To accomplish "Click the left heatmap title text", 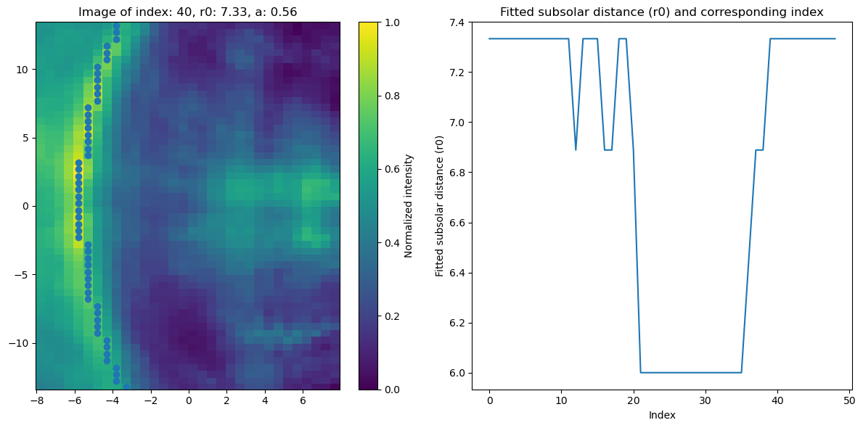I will point(187,12).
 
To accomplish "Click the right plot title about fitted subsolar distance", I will point(661,12).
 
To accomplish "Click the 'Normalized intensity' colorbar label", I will point(409,205).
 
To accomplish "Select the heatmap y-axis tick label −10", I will point(20,342).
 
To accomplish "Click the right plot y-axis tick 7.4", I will point(457,22).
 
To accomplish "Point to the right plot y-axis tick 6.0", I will point(457,373).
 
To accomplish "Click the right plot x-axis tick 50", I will point(848,400).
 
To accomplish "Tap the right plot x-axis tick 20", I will point(633,400).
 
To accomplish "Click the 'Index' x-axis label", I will point(661,415).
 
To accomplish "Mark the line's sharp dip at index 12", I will point(576,149).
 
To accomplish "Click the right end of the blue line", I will point(835,38).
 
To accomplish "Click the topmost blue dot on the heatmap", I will point(116,26).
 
